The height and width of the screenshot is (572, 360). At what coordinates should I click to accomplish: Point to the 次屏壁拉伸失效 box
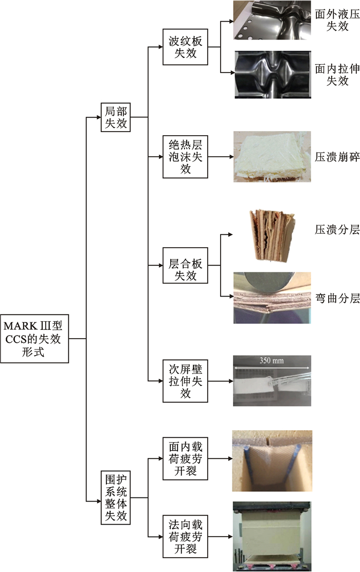185,381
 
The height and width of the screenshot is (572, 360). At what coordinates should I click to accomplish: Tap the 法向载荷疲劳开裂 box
185,537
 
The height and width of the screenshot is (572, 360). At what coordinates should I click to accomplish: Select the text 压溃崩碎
337,156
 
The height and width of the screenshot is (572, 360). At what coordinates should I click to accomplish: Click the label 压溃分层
337,230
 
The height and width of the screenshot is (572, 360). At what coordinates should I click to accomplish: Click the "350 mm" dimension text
272,360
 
